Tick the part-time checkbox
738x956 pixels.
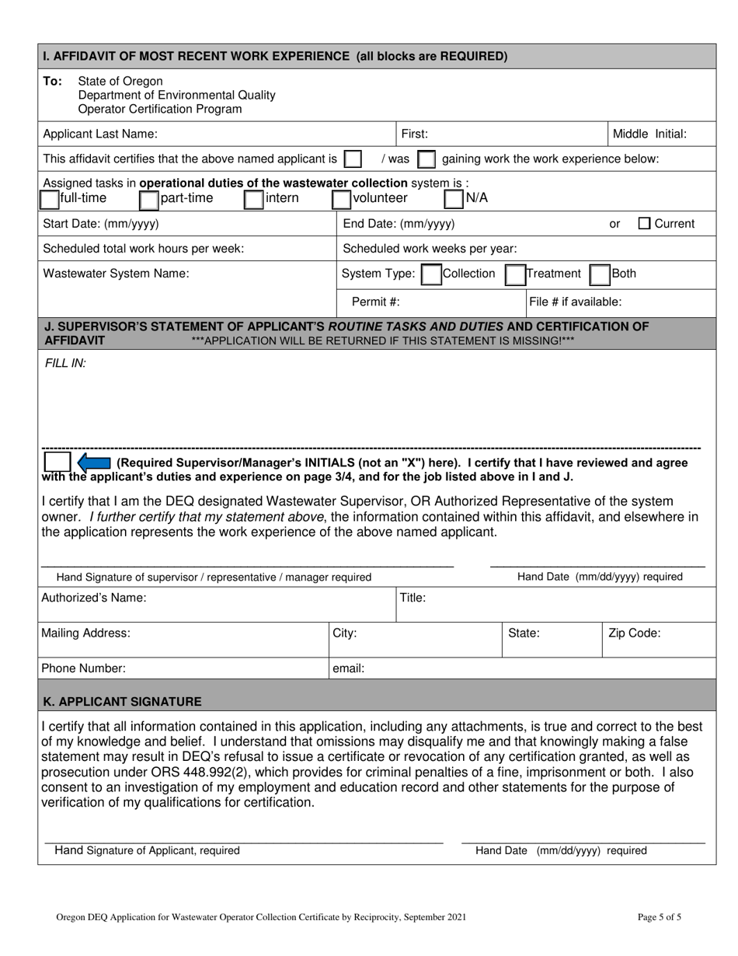click(148, 199)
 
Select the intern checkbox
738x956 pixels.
click(253, 199)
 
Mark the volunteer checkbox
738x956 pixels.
click(341, 199)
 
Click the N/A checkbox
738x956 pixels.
click(454, 199)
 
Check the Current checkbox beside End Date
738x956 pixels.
click(645, 224)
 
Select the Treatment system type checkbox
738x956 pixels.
click(514, 274)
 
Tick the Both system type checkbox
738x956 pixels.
click(599, 274)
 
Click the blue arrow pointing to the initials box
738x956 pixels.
click(93, 463)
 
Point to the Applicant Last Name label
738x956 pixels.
click(99, 134)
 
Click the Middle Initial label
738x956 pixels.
click(649, 134)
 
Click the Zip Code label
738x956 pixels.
click(634, 633)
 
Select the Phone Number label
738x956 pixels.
click(83, 668)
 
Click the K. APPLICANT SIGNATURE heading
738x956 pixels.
click(122, 701)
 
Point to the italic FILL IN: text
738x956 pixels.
click(64, 363)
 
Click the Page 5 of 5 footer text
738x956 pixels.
click(659, 917)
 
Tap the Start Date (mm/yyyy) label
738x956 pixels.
click(101, 224)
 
